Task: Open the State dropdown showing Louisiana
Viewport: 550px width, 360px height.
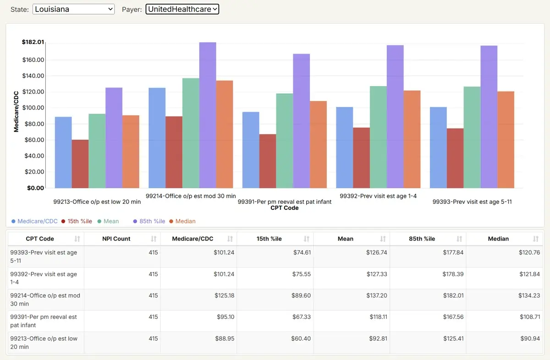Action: click(x=73, y=9)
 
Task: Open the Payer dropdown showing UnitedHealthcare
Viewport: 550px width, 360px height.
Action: click(x=182, y=9)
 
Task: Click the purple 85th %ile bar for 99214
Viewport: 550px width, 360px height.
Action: click(x=208, y=115)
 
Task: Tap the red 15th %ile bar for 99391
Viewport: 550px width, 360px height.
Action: click(x=268, y=161)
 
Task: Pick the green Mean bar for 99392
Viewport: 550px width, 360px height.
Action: click(x=378, y=137)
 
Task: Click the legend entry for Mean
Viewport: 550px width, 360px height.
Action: click(x=111, y=221)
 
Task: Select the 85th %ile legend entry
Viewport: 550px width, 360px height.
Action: click(x=152, y=221)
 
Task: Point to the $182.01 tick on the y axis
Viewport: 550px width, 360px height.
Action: click(x=33, y=42)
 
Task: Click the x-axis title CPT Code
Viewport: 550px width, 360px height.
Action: click(x=284, y=208)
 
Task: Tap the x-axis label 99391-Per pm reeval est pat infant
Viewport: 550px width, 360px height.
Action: click(x=284, y=202)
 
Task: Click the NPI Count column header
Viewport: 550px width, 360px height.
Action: click(x=116, y=239)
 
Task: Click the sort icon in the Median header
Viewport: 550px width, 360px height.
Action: click(x=536, y=239)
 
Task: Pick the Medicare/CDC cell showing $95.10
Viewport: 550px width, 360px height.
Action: click(x=224, y=317)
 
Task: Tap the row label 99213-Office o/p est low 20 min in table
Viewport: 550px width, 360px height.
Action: click(x=44, y=343)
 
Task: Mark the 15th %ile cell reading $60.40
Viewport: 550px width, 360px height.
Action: click(x=301, y=338)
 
